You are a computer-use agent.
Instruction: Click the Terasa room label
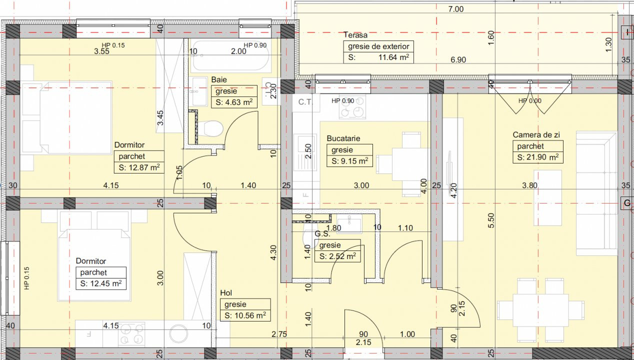355,35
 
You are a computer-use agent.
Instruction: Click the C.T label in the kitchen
305,102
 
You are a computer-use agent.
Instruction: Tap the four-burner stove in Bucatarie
352,107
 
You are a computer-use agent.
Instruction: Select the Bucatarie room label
343,138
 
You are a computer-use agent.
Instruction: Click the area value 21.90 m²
537,157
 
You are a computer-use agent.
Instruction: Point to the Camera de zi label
535,135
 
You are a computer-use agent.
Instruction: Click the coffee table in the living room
547,197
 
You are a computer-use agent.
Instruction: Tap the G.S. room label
321,233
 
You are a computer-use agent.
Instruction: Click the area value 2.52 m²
337,256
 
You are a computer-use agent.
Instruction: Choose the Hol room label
226,293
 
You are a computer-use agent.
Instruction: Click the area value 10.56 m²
244,315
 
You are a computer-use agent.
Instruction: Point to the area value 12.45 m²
100,284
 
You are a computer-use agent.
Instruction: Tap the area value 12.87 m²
138,167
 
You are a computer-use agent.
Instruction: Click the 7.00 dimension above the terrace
456,8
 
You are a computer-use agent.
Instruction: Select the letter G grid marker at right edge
625,203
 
